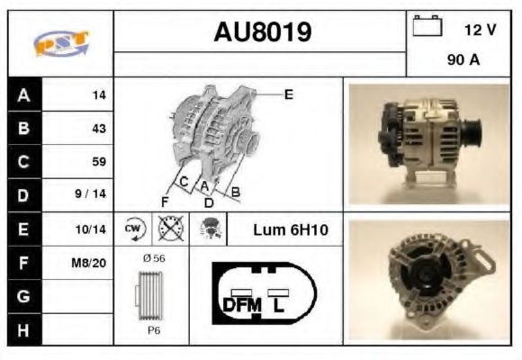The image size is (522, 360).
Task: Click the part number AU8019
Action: tap(262, 33)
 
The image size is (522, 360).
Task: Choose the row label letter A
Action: tap(23, 94)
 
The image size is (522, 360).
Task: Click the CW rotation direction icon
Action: tap(134, 229)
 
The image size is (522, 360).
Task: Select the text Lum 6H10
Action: tap(291, 230)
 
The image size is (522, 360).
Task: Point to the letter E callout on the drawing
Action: tap(288, 94)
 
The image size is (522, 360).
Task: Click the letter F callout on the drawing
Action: tap(165, 200)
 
